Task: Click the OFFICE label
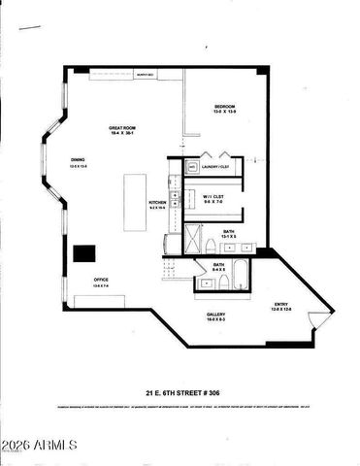[x=100, y=280]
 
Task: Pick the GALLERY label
[x=216, y=315]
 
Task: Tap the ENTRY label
[x=281, y=303]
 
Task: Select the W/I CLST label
[x=213, y=196]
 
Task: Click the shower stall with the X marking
[x=194, y=238]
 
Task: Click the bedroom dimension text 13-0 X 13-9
[x=225, y=112]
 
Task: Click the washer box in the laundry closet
[x=192, y=167]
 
